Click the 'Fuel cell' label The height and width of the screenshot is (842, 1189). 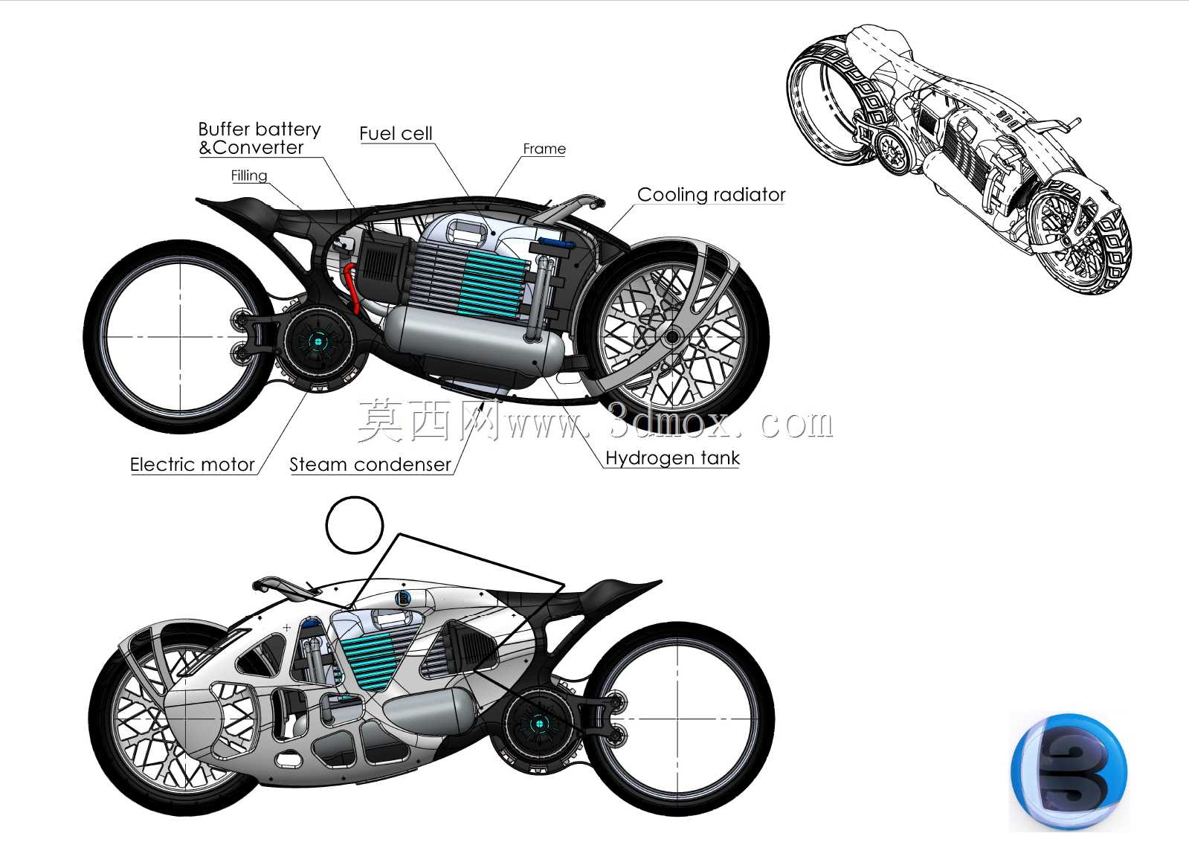[x=396, y=133]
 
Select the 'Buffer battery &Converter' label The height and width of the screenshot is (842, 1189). [x=260, y=138]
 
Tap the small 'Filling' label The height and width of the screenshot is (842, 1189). [x=249, y=176]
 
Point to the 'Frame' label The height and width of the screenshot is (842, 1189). [x=544, y=149]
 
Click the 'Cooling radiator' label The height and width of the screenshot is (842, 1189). [x=712, y=194]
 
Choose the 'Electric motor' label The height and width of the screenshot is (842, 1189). [x=192, y=465]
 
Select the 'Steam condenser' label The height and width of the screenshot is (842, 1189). [x=370, y=465]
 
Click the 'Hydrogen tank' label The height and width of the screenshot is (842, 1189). [x=672, y=457]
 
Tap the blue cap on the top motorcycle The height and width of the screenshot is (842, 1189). [x=555, y=244]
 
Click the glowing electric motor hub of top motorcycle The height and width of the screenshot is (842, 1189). [x=318, y=341]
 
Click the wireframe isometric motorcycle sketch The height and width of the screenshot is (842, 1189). [x=958, y=159]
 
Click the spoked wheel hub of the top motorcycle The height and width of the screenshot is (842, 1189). [x=672, y=337]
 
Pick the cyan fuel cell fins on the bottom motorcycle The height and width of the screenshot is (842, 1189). [x=369, y=663]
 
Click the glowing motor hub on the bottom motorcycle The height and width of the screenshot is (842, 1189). [x=539, y=723]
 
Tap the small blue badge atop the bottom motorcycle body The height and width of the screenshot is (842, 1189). [x=404, y=598]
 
